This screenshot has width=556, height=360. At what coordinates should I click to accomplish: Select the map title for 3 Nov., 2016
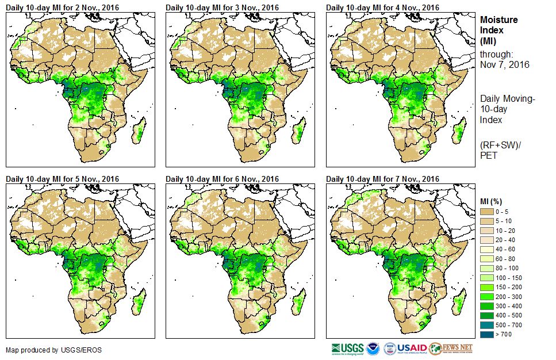[x=222, y=7]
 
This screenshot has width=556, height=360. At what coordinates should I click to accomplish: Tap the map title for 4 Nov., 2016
[x=382, y=7]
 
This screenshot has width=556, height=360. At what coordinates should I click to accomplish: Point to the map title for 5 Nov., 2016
[x=62, y=179]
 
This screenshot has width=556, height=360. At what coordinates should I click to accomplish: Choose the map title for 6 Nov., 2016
[x=222, y=179]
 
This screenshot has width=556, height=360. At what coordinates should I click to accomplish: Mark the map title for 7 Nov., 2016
[x=382, y=179]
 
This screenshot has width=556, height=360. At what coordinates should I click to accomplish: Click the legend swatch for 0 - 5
[x=487, y=212]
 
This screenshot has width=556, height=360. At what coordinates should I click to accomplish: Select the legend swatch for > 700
[x=487, y=334]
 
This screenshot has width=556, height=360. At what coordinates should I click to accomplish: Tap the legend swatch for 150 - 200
[x=487, y=287]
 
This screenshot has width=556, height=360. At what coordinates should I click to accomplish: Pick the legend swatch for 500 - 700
[x=487, y=325]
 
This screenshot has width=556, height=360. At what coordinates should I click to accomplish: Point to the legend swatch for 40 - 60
[x=487, y=250]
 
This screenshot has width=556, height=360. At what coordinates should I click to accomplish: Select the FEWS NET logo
[x=451, y=348]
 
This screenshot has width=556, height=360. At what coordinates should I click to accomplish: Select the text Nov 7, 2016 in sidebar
[x=504, y=64]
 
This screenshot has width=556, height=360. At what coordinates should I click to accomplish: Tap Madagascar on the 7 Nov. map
[x=459, y=304]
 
